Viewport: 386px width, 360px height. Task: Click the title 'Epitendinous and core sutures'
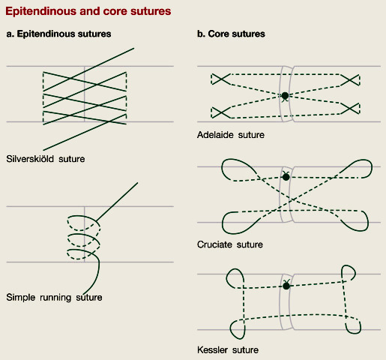pyautogui.click(x=88, y=11)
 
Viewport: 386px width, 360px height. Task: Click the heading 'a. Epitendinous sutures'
pyautogui.click(x=58, y=34)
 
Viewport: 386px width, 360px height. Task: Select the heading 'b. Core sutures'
pyautogui.click(x=231, y=34)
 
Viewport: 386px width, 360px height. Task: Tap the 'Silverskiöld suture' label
pyautogui.click(x=46, y=159)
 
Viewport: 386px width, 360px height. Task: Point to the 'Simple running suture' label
pyautogui.click(x=54, y=297)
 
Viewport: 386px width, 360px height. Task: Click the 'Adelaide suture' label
pyautogui.click(x=231, y=135)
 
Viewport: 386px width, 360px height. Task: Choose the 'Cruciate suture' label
pyautogui.click(x=230, y=244)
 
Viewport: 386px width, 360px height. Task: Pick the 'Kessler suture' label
pyautogui.click(x=228, y=349)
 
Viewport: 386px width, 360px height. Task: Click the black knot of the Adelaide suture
pyautogui.click(x=285, y=95)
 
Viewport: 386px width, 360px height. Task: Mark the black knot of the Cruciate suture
pyautogui.click(x=286, y=177)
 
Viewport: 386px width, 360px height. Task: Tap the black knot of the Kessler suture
pyautogui.click(x=286, y=286)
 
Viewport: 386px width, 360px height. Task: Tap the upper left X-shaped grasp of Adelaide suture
pyautogui.click(x=220, y=79)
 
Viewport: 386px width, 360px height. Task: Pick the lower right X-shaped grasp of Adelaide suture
pyautogui.click(x=350, y=109)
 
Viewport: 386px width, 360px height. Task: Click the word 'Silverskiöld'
pyautogui.click(x=30, y=159)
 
